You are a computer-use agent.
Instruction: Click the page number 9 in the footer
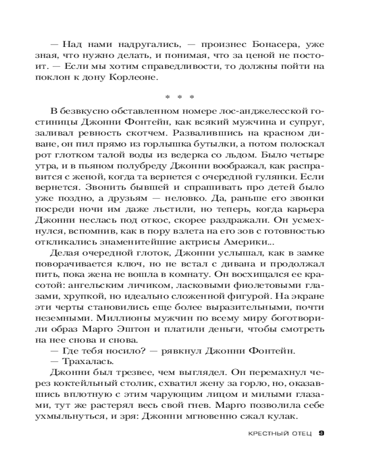tap(322, 434)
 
